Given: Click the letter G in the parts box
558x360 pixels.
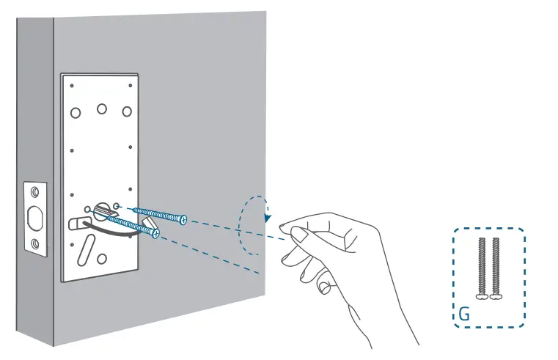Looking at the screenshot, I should click(x=463, y=313).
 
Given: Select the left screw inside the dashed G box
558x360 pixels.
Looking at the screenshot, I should click(x=482, y=268).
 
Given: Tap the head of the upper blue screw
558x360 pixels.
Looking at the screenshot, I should click(x=183, y=218).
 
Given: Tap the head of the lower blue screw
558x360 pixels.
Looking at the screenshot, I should click(x=156, y=234).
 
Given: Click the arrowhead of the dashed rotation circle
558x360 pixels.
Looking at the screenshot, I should click(x=268, y=218).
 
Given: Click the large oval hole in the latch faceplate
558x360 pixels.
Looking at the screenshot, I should click(x=34, y=218).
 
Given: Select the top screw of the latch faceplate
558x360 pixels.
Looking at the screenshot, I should click(x=34, y=193).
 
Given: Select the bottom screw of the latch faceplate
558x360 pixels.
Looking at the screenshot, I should click(x=34, y=243).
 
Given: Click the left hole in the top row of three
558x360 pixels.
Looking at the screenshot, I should click(x=76, y=114).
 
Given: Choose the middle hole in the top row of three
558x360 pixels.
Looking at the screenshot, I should click(x=101, y=109).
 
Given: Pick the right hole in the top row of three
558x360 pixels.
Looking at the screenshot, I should click(x=127, y=112).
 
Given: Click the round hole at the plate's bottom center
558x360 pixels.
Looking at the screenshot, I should click(x=101, y=258).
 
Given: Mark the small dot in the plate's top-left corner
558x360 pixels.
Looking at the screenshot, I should click(x=72, y=86).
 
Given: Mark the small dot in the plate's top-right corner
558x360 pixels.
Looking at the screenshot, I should click(x=131, y=85).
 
